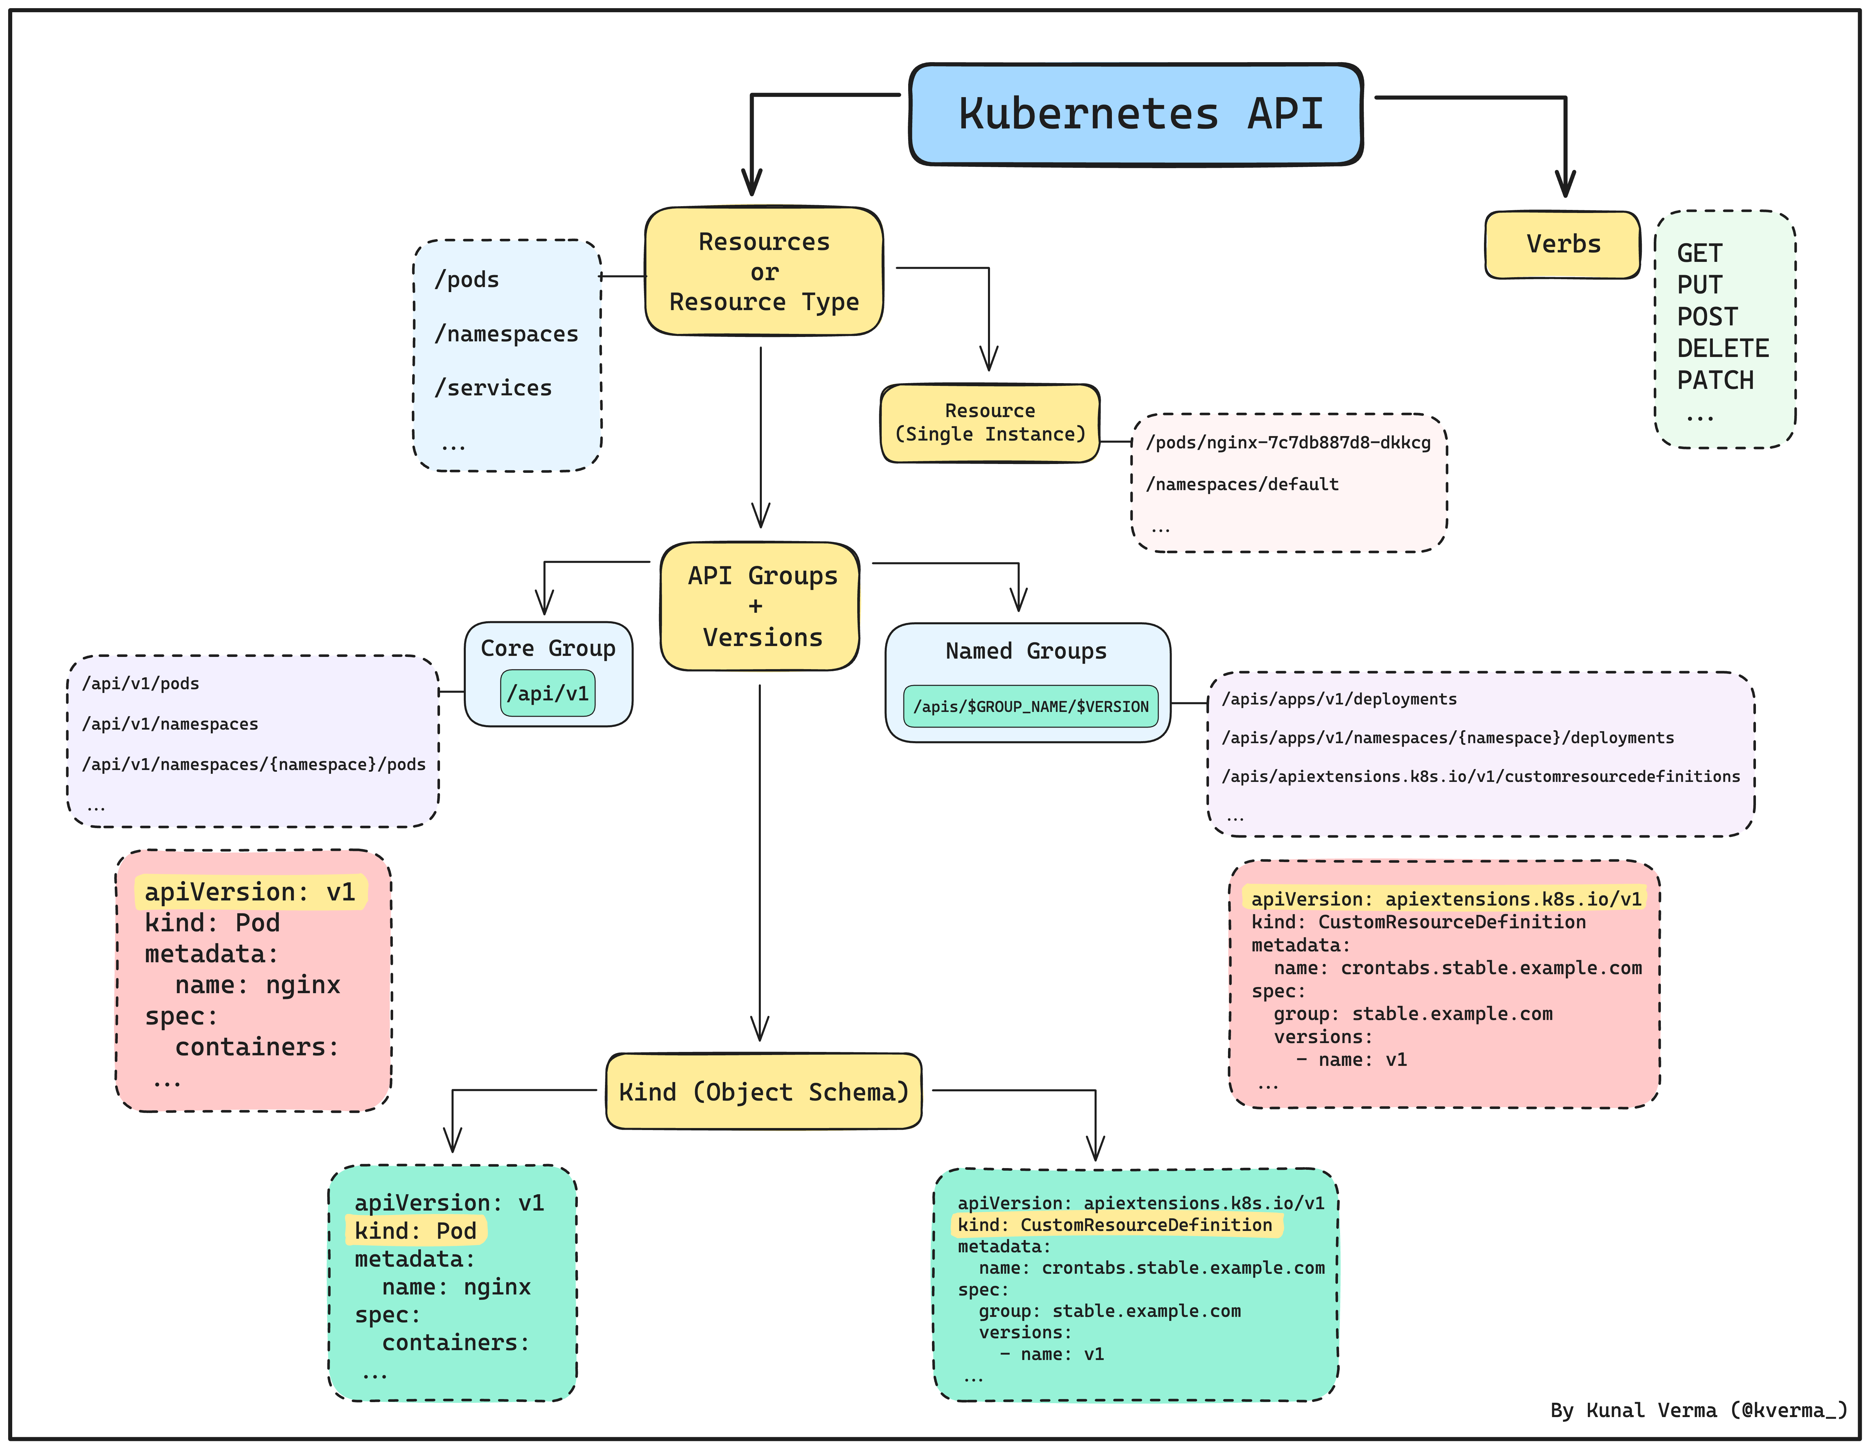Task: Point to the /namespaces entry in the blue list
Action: [506, 334]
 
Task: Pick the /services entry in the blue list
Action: [493, 388]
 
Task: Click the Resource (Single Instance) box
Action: [990, 423]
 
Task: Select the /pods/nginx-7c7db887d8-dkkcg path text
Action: [1288, 443]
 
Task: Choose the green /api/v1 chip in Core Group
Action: [548, 693]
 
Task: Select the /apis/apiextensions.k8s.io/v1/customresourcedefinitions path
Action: [1480, 777]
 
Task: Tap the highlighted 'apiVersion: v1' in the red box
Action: [250, 892]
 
